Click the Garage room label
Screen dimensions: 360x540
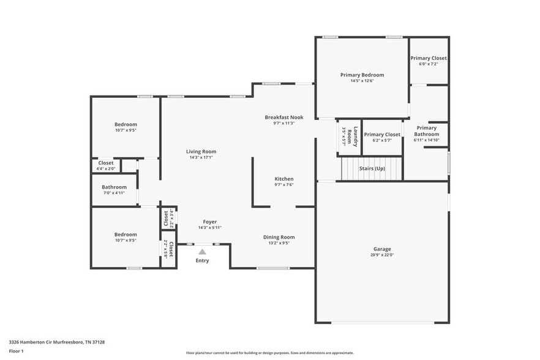382,249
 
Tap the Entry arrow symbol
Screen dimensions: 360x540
202,251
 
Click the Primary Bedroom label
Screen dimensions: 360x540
362,75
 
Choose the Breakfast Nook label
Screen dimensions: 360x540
283,117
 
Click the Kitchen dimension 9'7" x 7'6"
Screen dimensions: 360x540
283,185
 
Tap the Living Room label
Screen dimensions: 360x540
201,151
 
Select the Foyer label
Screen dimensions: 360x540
209,222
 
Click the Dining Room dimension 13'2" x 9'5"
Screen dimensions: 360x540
279,243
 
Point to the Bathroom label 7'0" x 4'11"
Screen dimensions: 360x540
114,187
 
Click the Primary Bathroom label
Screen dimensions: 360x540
426,131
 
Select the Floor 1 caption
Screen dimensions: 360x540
16,351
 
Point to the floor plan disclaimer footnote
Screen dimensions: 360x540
269,353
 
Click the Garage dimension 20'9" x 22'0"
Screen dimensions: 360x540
382,255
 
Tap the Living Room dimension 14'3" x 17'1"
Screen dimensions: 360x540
201,158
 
